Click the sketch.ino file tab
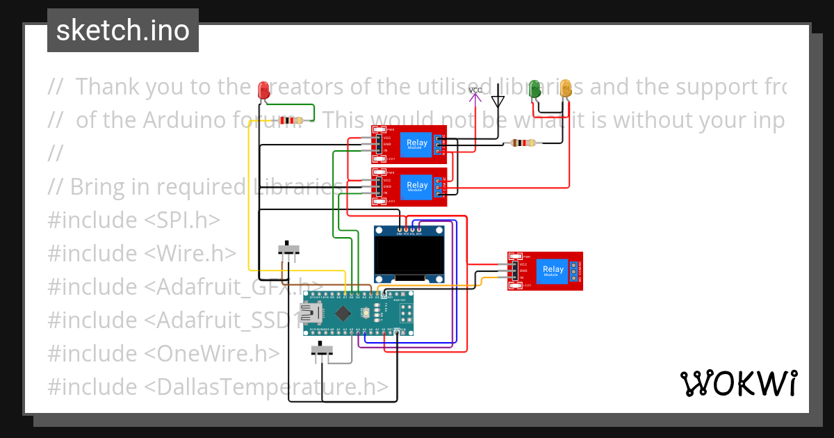tap(123, 31)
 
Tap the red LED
tap(263, 90)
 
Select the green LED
tap(534, 89)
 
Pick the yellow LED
tap(566, 89)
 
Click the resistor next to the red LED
tap(290, 120)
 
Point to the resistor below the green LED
tap(523, 143)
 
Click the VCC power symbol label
tap(475, 91)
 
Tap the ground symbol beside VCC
tap(498, 99)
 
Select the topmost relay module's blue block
tap(417, 144)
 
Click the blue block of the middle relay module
tap(417, 186)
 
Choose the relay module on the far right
tap(545, 270)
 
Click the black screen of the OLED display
tap(409, 255)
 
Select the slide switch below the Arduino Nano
tap(320, 350)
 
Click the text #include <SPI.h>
tap(133, 220)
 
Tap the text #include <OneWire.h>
tap(163, 353)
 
